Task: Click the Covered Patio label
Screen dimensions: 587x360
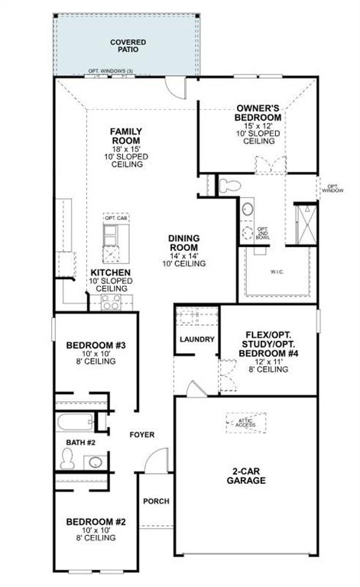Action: [128, 46]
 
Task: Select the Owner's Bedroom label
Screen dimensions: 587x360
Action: [258, 112]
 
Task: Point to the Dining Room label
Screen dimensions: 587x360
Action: [183, 243]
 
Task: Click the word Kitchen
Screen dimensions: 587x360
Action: [111, 272]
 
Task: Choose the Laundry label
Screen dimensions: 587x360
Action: [196, 339]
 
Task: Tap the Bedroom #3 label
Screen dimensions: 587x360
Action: [96, 345]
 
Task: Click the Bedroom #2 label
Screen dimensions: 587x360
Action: [96, 522]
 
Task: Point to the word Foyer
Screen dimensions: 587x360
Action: [141, 435]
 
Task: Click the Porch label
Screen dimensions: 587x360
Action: [156, 501]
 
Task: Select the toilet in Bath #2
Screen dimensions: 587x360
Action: [67, 458]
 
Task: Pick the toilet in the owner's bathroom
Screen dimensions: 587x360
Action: [230, 185]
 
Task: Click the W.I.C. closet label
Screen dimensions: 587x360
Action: [277, 271]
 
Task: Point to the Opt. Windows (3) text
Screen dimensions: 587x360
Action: [111, 72]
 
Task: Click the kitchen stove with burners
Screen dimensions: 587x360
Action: [112, 303]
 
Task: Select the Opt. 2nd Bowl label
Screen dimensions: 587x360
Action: [262, 232]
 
